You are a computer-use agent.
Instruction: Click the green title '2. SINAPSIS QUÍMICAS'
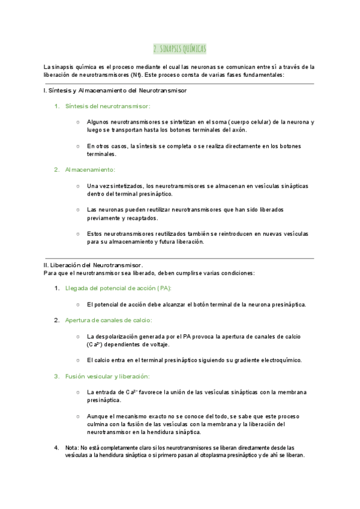coord(180,49)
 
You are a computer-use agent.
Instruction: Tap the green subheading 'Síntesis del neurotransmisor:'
coord(107,106)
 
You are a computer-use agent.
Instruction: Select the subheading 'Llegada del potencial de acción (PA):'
coord(118,288)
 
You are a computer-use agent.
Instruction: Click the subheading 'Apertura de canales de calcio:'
coord(109,320)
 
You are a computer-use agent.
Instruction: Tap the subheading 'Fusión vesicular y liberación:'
coord(107,376)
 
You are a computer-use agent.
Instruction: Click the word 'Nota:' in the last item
coord(72,448)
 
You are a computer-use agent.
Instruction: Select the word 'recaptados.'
coord(143,218)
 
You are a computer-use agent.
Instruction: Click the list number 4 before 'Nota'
coord(56,448)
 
